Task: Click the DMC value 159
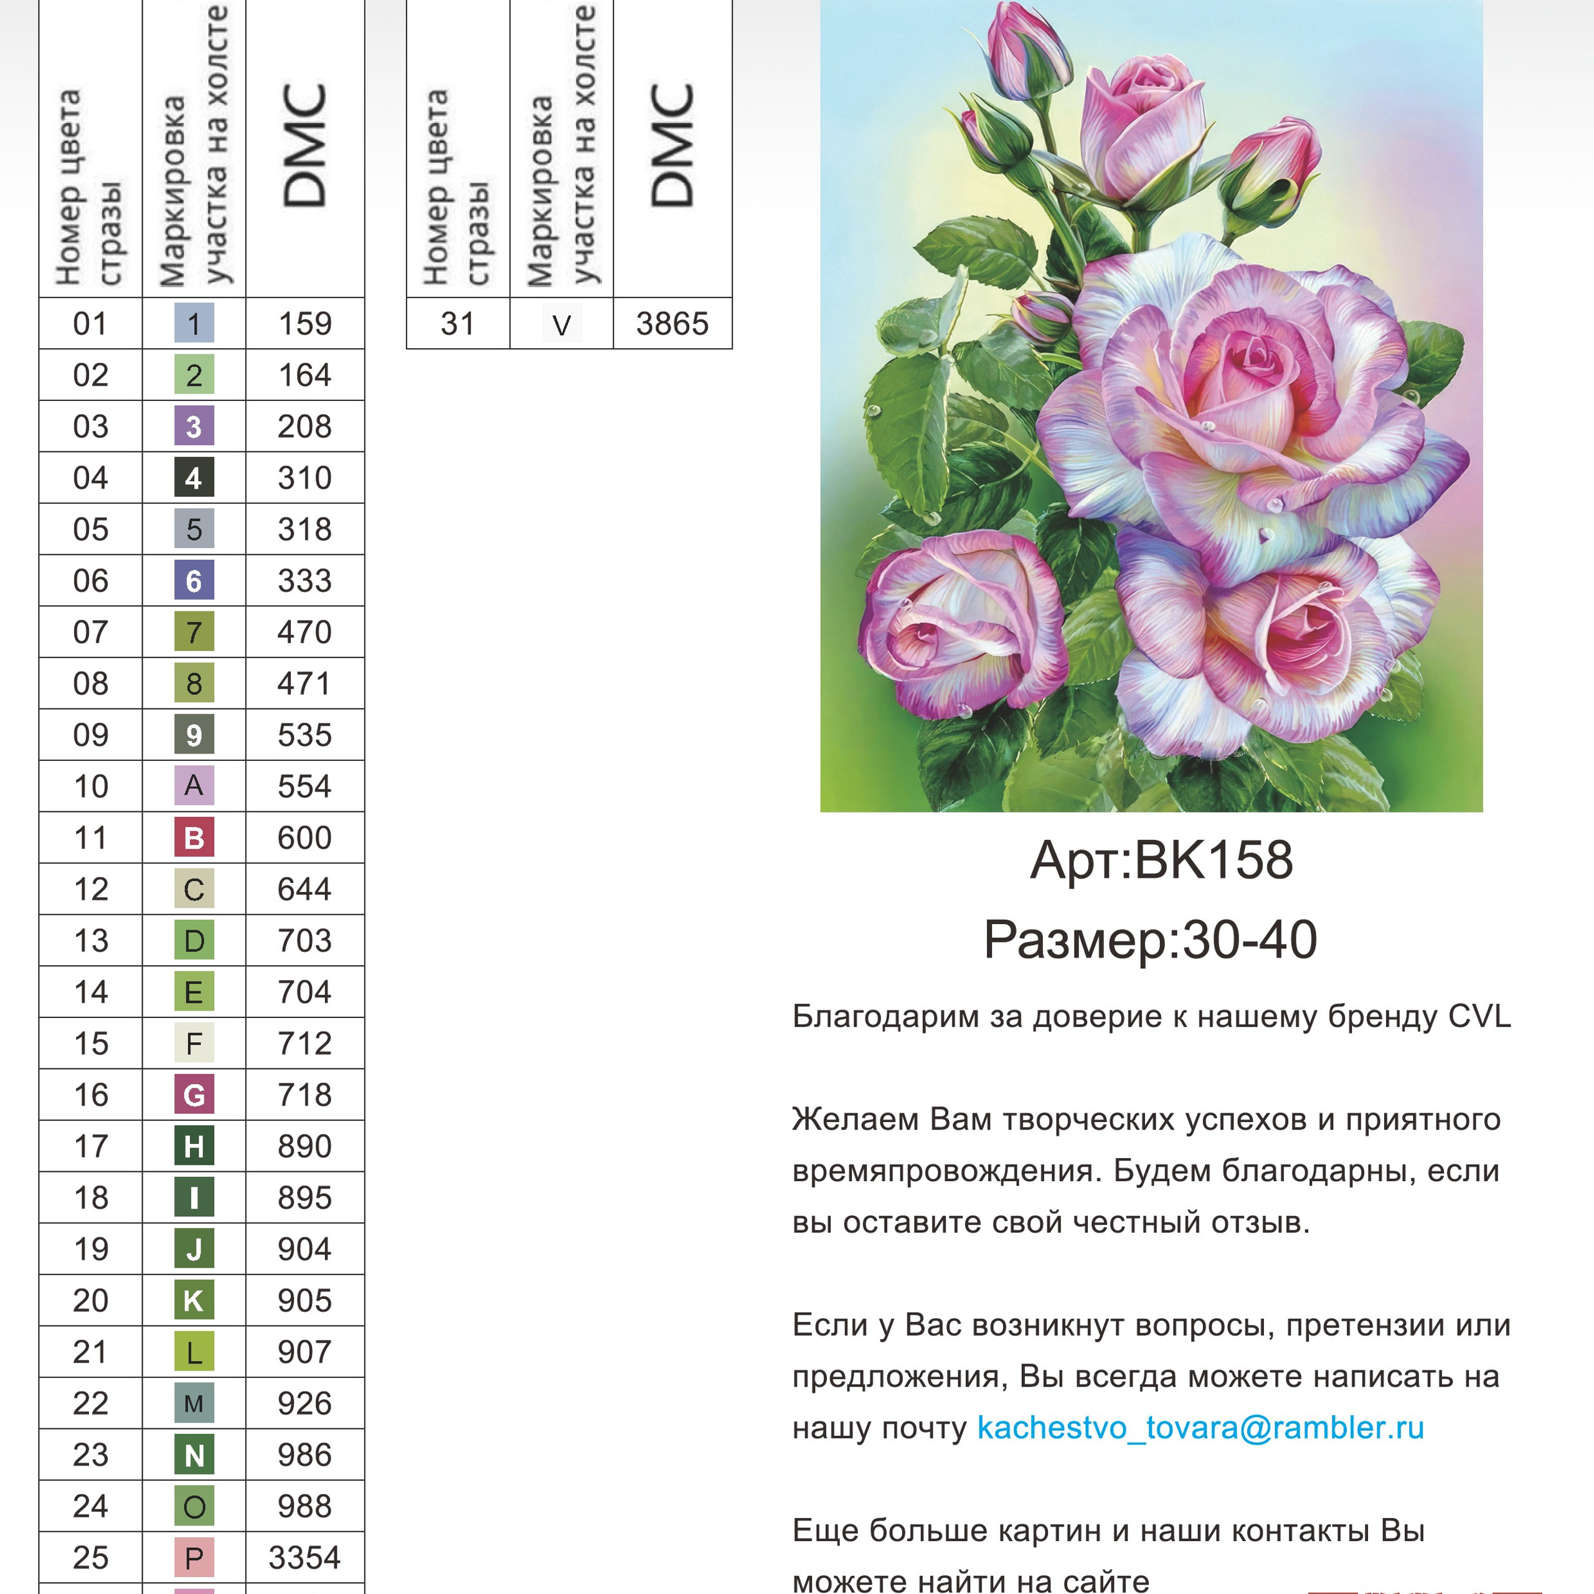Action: click(304, 323)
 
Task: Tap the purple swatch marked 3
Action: click(194, 427)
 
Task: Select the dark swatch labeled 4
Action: click(194, 478)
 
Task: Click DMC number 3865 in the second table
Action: click(672, 323)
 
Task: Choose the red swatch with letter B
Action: click(194, 837)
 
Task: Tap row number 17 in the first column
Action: click(91, 1146)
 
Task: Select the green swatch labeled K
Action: click(194, 1300)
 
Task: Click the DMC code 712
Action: click(304, 1043)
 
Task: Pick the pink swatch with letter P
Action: click(194, 1558)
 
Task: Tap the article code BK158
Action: click(1213, 861)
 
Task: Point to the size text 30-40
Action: click(1250, 940)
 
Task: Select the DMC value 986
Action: click(304, 1455)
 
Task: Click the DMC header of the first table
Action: click(304, 147)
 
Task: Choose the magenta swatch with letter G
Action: click(194, 1095)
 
